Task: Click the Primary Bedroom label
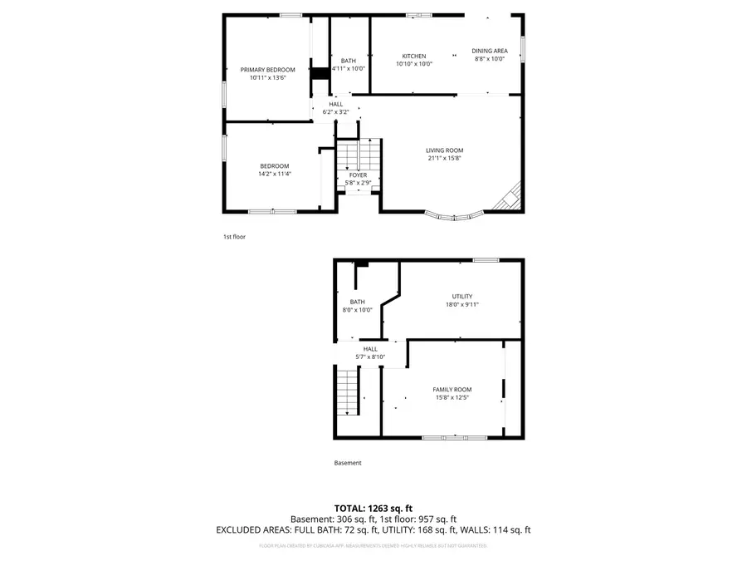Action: [x=267, y=70]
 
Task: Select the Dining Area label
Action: [x=490, y=52]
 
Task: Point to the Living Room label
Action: [x=444, y=150]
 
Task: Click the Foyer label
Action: [x=358, y=175]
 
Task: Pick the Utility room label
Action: [x=461, y=297]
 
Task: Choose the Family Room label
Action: [x=452, y=390]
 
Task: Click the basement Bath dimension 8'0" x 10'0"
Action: [x=357, y=310]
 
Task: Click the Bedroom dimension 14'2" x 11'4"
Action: [x=274, y=174]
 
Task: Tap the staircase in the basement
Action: [x=347, y=393]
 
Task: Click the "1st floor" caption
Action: [x=234, y=237]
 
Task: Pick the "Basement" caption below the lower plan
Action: [x=348, y=463]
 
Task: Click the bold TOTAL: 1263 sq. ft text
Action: [x=373, y=507]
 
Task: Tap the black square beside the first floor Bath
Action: [x=321, y=73]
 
